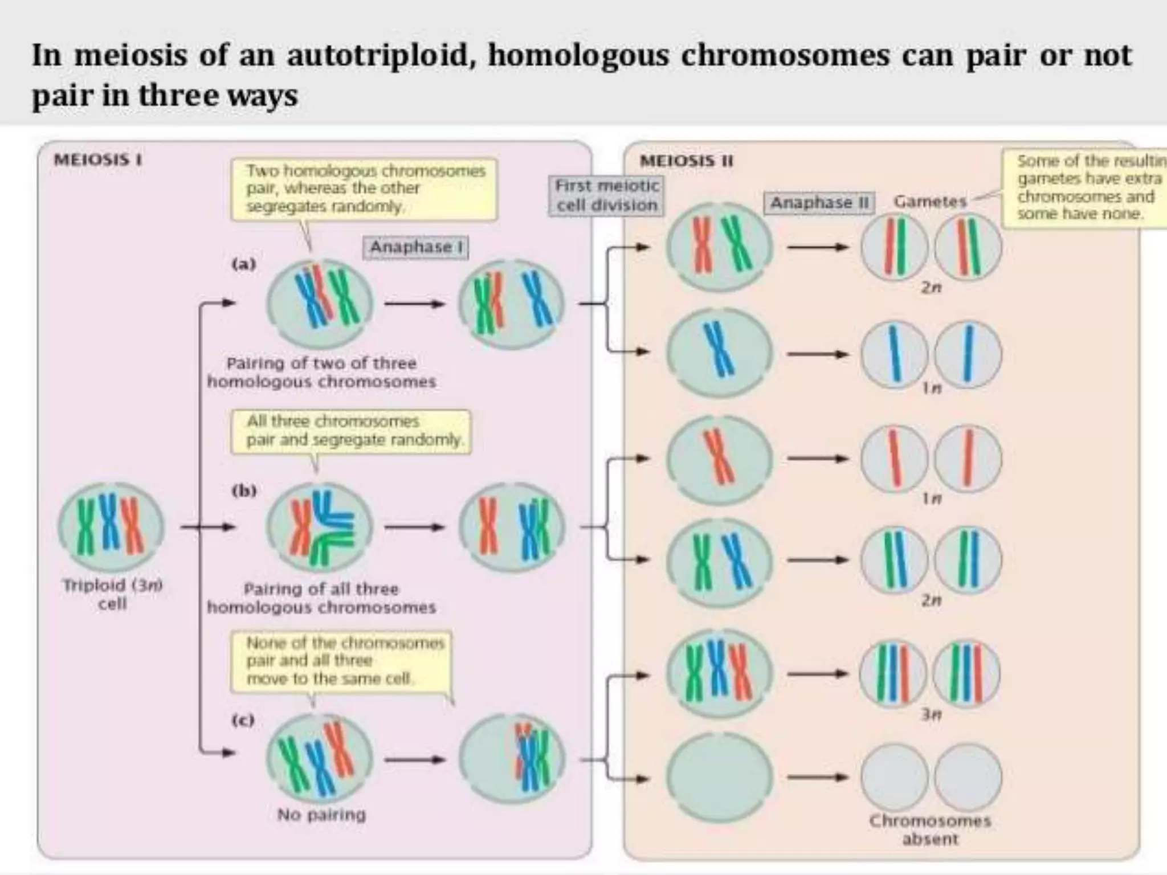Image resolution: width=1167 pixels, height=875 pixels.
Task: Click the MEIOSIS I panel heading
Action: point(97,160)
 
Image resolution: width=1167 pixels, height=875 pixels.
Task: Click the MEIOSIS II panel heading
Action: point(686,161)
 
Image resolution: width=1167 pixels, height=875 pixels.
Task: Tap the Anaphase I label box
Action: point(415,247)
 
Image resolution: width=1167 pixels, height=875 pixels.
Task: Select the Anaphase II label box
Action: point(818,203)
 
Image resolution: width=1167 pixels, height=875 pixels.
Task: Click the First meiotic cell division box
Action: point(606,195)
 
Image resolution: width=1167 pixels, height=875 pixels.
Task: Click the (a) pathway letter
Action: point(244,264)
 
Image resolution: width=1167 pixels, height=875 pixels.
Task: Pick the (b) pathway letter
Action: point(244,490)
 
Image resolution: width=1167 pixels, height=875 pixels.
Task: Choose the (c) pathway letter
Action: point(243,720)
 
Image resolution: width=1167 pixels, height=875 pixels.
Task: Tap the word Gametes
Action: point(930,201)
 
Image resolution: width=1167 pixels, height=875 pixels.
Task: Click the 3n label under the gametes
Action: point(931,713)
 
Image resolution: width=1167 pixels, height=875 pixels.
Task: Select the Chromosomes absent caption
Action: point(930,829)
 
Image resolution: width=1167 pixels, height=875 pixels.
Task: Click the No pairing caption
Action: point(321,815)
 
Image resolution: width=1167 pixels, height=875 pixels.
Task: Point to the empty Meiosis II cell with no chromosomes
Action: point(720,777)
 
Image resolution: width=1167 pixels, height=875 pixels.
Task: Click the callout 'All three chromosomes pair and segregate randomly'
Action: point(351,431)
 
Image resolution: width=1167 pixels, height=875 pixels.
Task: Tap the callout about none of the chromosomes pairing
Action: point(341,661)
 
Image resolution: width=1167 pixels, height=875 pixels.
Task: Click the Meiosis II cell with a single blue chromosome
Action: point(720,351)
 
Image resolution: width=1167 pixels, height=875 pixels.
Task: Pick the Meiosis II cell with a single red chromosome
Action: point(720,459)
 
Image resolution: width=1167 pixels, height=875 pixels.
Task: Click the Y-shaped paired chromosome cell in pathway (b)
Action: point(320,526)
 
